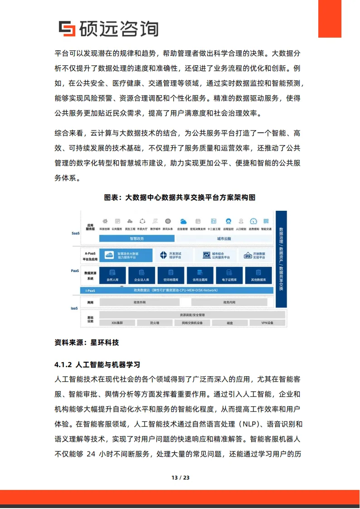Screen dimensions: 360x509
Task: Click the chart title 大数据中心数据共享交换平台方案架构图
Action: [180, 198]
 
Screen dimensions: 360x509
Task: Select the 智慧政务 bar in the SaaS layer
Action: [136, 238]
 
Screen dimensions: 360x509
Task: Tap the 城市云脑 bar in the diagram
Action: [224, 238]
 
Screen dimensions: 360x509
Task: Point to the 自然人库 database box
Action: [112, 275]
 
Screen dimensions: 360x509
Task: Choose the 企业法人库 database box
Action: [141, 275]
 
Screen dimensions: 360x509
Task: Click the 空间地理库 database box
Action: [170, 275]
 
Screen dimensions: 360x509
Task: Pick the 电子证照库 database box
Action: [229, 275]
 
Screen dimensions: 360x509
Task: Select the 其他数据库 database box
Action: [258, 275]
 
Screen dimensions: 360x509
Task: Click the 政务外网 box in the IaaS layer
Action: [140, 302]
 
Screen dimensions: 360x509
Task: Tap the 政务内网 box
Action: [229, 302]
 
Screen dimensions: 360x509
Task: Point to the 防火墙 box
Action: [155, 323]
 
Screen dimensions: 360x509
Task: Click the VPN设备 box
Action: [267, 323]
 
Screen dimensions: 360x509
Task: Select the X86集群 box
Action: [117, 323]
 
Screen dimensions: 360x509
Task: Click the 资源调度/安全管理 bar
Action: [192, 315]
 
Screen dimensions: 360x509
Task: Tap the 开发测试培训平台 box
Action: [175, 255]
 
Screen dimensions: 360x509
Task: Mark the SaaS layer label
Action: [75, 233]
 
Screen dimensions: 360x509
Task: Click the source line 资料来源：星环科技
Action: [87, 343]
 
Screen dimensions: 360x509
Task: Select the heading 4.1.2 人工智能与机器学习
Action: [97, 364]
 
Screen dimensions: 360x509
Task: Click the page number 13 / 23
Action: [180, 478]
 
